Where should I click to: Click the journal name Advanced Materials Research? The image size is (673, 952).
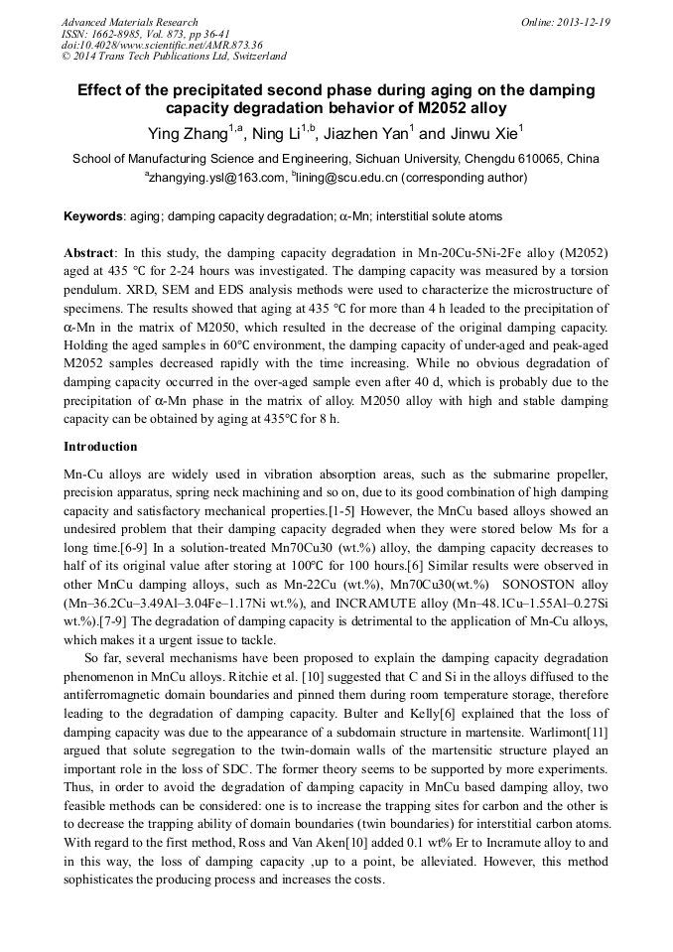coord(129,22)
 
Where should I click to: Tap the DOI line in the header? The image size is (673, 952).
coord(161,45)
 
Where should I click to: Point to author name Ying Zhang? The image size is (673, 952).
coord(188,134)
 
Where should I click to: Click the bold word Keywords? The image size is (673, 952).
coord(93,215)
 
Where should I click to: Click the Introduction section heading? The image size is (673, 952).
coord(100,447)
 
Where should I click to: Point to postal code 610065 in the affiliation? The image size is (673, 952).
coord(544,159)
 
